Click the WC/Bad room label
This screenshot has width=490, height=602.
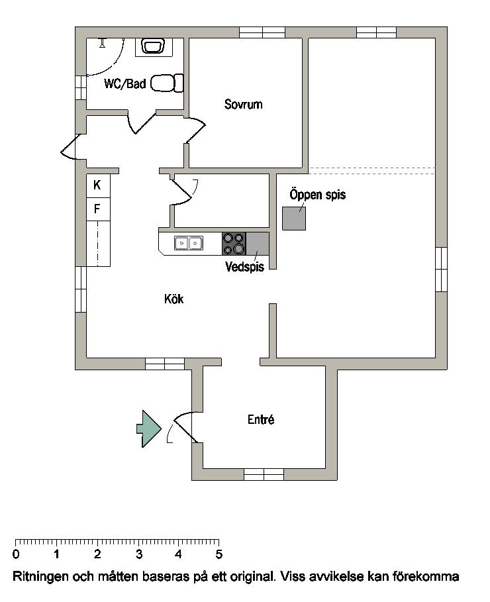125,83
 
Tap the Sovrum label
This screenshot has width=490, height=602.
244,104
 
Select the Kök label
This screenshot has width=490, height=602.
174,299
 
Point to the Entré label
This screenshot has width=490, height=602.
261,419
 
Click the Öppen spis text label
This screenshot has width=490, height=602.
318,194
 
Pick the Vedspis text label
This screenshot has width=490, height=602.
244,266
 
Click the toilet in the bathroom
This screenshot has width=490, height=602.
167,83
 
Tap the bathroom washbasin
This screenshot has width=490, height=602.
153,46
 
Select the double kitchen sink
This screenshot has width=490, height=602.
189,243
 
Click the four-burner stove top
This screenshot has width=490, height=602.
234,244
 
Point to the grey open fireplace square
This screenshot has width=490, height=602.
294,219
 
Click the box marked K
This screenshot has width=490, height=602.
98,186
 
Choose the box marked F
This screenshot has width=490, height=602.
98,209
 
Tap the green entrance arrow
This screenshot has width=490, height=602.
149,428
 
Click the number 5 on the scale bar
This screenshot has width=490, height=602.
219,554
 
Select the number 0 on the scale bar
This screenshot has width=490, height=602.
16,554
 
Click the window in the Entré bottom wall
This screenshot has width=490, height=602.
264,475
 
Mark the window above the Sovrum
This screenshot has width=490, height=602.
262,32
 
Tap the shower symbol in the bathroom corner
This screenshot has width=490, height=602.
103,42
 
